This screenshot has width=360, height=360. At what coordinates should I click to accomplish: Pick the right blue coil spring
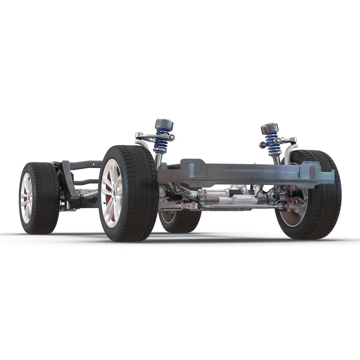coord(272,140)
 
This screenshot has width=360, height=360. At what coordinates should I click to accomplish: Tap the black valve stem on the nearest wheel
coord(103,203)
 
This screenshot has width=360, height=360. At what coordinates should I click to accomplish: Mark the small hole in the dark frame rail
coord(94,164)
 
